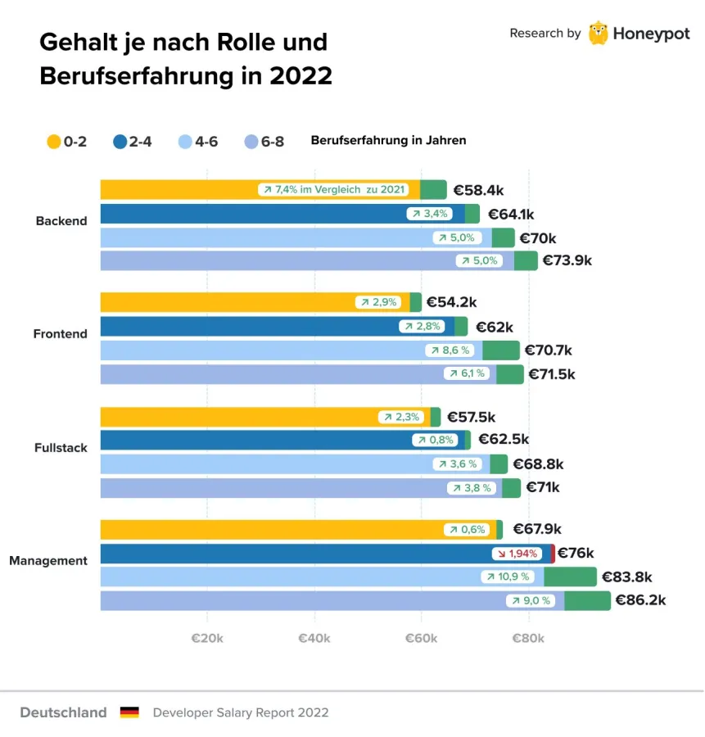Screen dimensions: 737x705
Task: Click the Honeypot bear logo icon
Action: click(599, 33)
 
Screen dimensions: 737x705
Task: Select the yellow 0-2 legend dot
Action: click(54, 141)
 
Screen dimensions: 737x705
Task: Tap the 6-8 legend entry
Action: click(264, 141)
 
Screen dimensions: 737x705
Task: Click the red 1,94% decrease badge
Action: click(517, 554)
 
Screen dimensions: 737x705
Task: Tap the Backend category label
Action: click(61, 221)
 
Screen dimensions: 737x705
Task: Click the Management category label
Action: click(48, 561)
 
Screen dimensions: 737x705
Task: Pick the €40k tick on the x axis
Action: click(314, 639)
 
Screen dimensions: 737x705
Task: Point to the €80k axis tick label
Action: click(528, 639)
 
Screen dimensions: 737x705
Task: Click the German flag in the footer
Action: click(129, 712)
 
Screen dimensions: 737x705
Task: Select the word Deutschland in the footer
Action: click(63, 712)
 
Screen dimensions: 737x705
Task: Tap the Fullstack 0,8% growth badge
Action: click(435, 441)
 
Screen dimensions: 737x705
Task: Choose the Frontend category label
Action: click(60, 334)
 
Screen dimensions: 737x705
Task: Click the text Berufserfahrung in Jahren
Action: click(388, 140)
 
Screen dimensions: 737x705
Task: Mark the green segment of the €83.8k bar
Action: click(570, 576)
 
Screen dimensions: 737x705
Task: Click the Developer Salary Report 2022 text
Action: click(241, 712)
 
